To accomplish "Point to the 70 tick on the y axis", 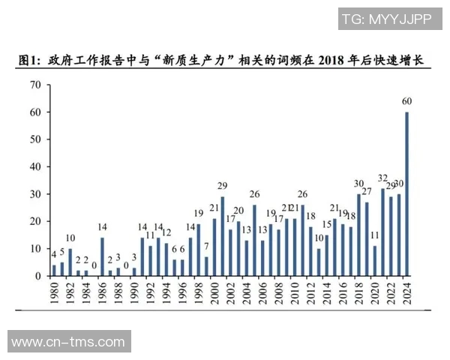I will (34, 85).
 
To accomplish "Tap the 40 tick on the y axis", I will (34, 166).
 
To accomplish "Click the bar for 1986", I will (102, 257).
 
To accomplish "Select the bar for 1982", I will (70, 262).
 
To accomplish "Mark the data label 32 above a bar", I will (382, 178).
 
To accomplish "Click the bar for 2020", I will (375, 261).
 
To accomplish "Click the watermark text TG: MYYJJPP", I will (385, 19).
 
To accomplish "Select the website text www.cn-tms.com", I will (68, 342).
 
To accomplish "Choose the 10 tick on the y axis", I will (34, 248).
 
